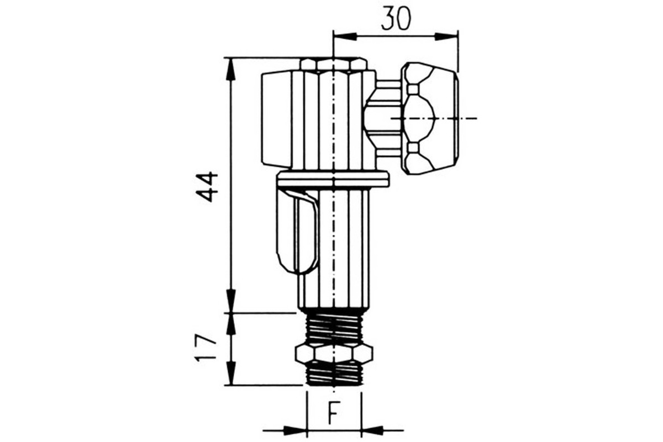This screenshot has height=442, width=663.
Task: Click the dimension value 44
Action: point(207,187)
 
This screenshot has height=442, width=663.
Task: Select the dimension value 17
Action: point(205,348)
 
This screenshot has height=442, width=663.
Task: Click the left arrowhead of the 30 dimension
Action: point(345,36)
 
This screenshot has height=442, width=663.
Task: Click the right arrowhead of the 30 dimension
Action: point(446,36)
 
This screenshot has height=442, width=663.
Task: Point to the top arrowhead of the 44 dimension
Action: point(230,69)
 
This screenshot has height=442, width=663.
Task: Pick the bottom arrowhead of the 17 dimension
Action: point(230,373)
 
